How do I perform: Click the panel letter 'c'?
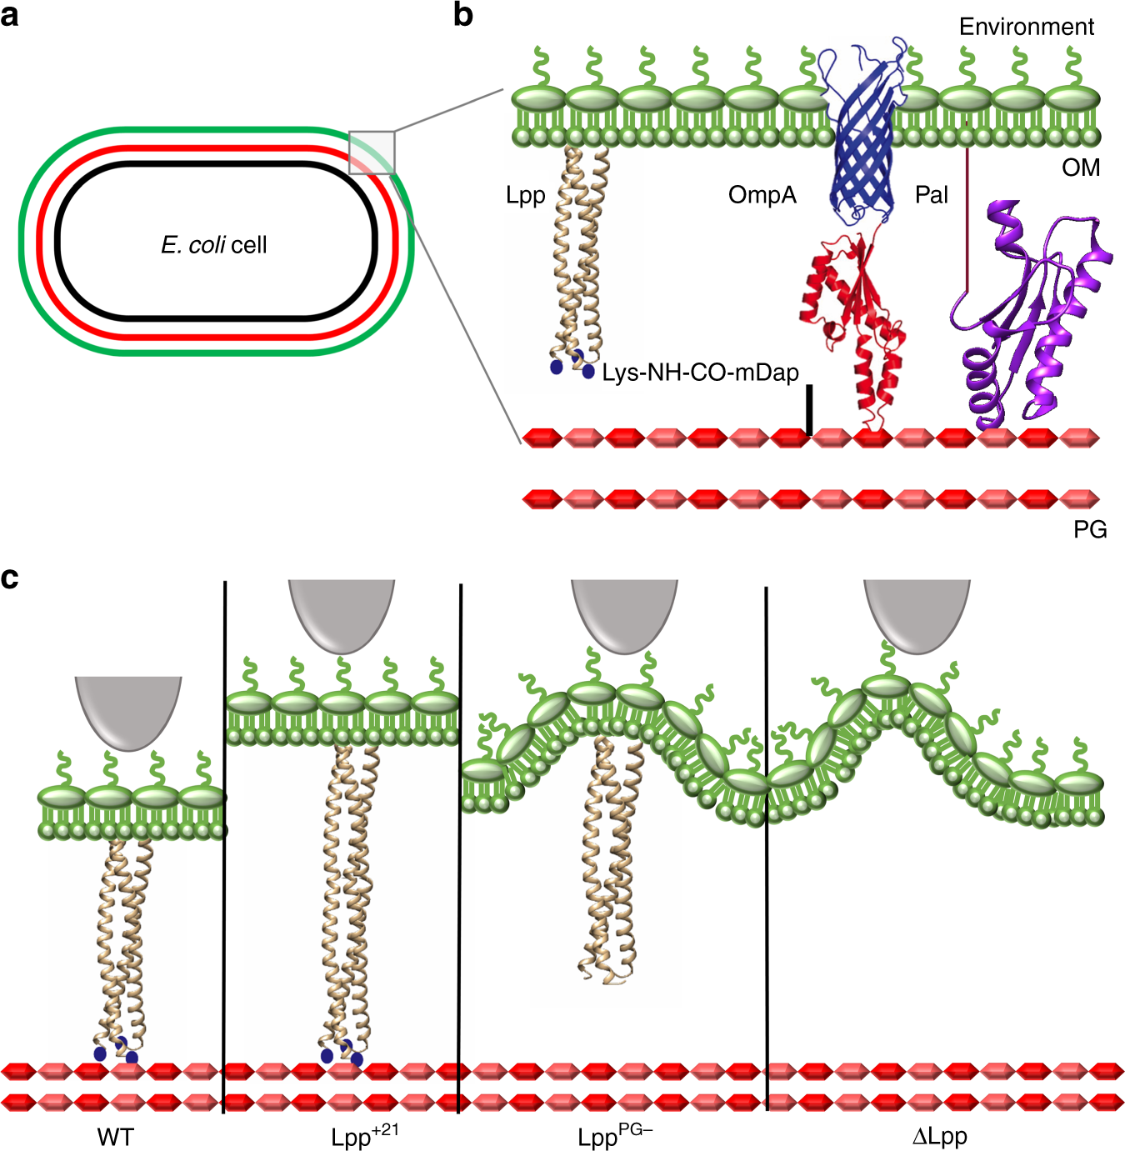(10, 578)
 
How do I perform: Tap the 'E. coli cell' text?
(214, 245)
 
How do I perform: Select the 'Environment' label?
(1026, 27)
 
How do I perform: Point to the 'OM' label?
(1081, 168)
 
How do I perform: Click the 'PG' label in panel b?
(1089, 529)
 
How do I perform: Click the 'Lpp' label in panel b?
(525, 196)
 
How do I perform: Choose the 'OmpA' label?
(762, 195)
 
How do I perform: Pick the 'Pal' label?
(931, 195)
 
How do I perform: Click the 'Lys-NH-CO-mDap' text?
(700, 373)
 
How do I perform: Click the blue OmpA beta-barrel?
(862, 133)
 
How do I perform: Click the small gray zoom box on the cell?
(372, 152)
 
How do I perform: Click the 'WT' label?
(115, 1137)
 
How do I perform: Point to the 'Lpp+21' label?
(364, 1136)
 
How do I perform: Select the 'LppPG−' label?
(614, 1136)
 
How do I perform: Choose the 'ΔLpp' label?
(939, 1137)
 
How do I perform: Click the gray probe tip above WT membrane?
(128, 708)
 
